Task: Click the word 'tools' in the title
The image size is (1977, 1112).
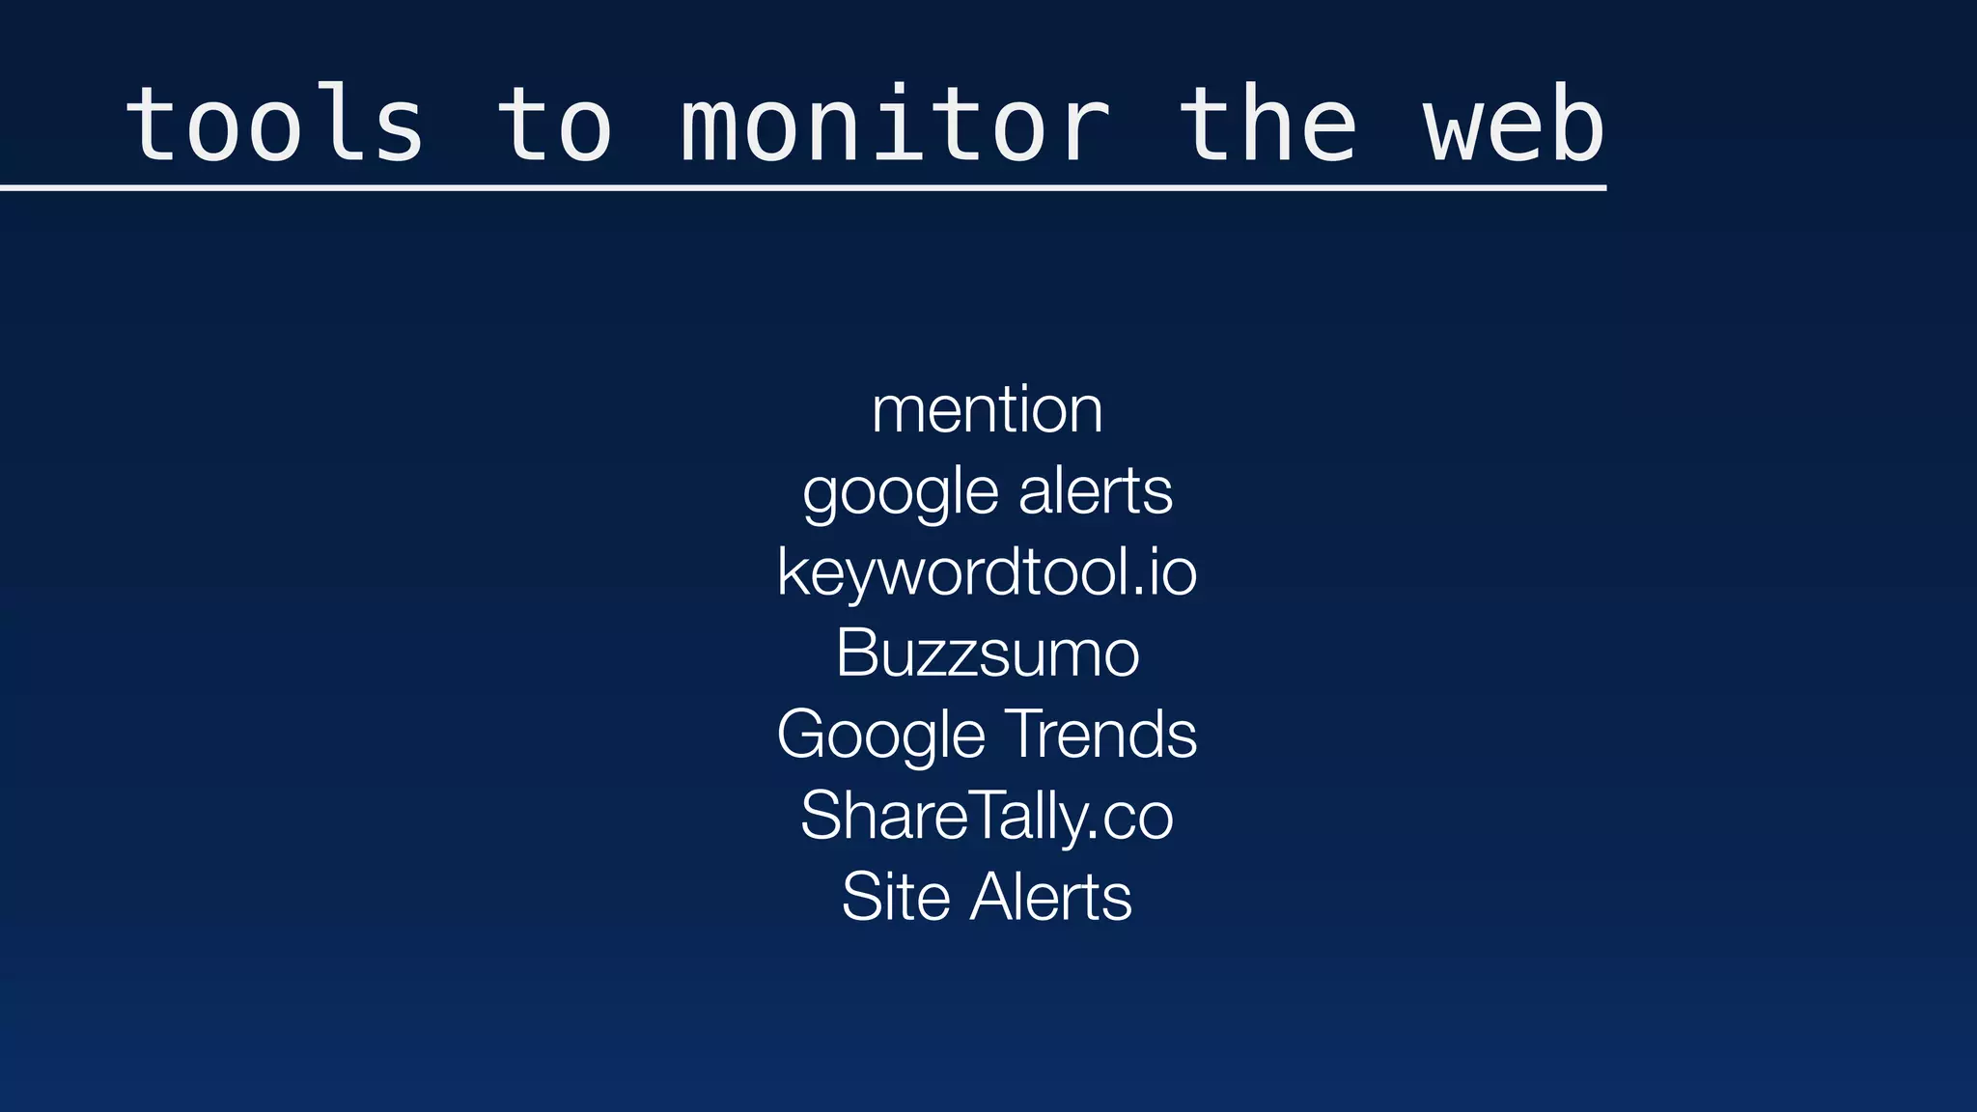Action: click(275, 125)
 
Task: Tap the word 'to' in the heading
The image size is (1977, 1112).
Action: click(554, 125)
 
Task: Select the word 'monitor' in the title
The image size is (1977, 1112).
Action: click(896, 125)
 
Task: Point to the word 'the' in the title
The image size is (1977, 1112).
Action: click(1267, 125)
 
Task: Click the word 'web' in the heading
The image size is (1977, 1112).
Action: click(1514, 125)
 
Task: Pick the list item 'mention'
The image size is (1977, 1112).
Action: click(987, 410)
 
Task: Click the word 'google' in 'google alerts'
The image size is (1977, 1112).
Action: click(900, 492)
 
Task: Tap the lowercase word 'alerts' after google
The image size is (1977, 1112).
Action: click(1096, 491)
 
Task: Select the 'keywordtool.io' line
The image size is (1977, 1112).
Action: click(987, 572)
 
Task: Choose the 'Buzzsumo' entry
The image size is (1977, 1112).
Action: click(987, 653)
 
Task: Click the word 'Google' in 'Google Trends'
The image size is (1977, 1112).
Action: click(880, 736)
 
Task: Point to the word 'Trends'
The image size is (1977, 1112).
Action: click(1100, 735)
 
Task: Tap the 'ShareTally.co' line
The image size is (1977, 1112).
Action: click(987, 817)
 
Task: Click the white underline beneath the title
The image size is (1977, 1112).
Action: click(801, 188)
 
